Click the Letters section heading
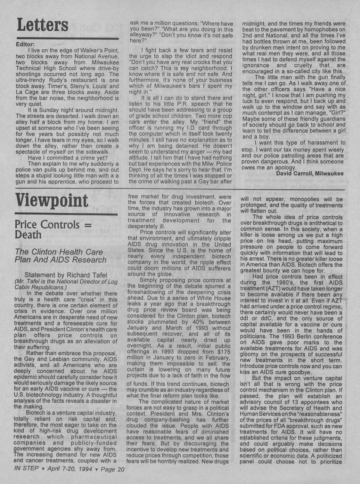click(x=43, y=25)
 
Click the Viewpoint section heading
click(x=52, y=201)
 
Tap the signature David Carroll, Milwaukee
click(x=309, y=173)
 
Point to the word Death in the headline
click(x=28, y=235)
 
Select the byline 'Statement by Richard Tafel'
click(x=66, y=275)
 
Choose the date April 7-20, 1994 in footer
click(x=70, y=470)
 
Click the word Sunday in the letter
click(x=48, y=110)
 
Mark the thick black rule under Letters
click(x=67, y=39)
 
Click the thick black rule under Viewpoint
click(x=66, y=214)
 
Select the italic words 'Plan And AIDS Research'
click(x=61, y=260)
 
